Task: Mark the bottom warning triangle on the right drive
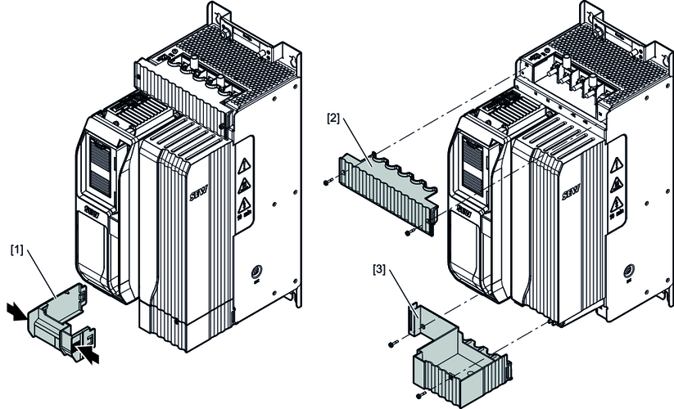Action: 617,204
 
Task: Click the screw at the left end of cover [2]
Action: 327,182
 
